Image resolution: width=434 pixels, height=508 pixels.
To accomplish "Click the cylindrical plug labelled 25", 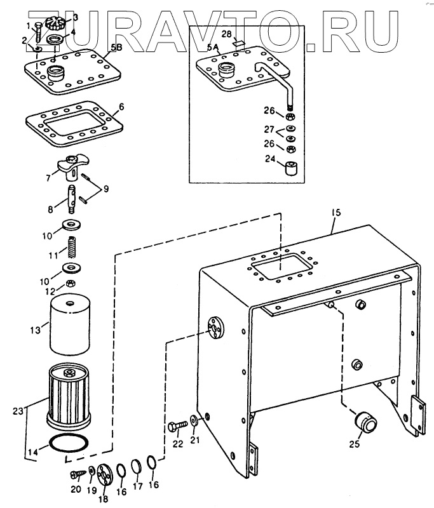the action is point(364,421).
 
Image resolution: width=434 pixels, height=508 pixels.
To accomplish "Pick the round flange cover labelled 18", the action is point(105,474).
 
